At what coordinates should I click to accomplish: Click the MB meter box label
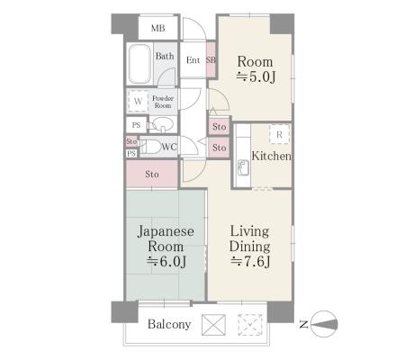(x=157, y=29)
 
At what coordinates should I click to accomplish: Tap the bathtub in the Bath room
(x=139, y=64)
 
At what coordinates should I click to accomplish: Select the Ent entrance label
(x=193, y=60)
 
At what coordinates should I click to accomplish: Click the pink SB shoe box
(x=211, y=60)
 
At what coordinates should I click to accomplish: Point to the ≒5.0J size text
(x=256, y=77)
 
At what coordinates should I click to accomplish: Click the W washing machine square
(x=138, y=101)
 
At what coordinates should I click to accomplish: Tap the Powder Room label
(x=163, y=102)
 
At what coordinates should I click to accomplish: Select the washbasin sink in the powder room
(x=163, y=124)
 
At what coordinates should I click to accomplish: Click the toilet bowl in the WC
(x=150, y=147)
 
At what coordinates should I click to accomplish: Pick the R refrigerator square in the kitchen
(x=279, y=134)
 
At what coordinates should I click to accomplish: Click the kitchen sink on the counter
(x=243, y=167)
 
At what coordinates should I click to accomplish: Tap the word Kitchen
(x=271, y=156)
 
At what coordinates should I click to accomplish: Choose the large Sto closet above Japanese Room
(x=152, y=174)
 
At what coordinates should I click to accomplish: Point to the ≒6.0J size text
(x=166, y=262)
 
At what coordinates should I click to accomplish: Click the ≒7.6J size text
(x=250, y=262)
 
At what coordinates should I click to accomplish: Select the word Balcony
(x=169, y=324)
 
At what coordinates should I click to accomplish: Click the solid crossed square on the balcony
(x=213, y=325)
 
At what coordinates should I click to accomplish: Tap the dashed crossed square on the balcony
(x=250, y=325)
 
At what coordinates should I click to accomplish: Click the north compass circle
(x=324, y=324)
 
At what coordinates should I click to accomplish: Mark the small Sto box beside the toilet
(x=131, y=141)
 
